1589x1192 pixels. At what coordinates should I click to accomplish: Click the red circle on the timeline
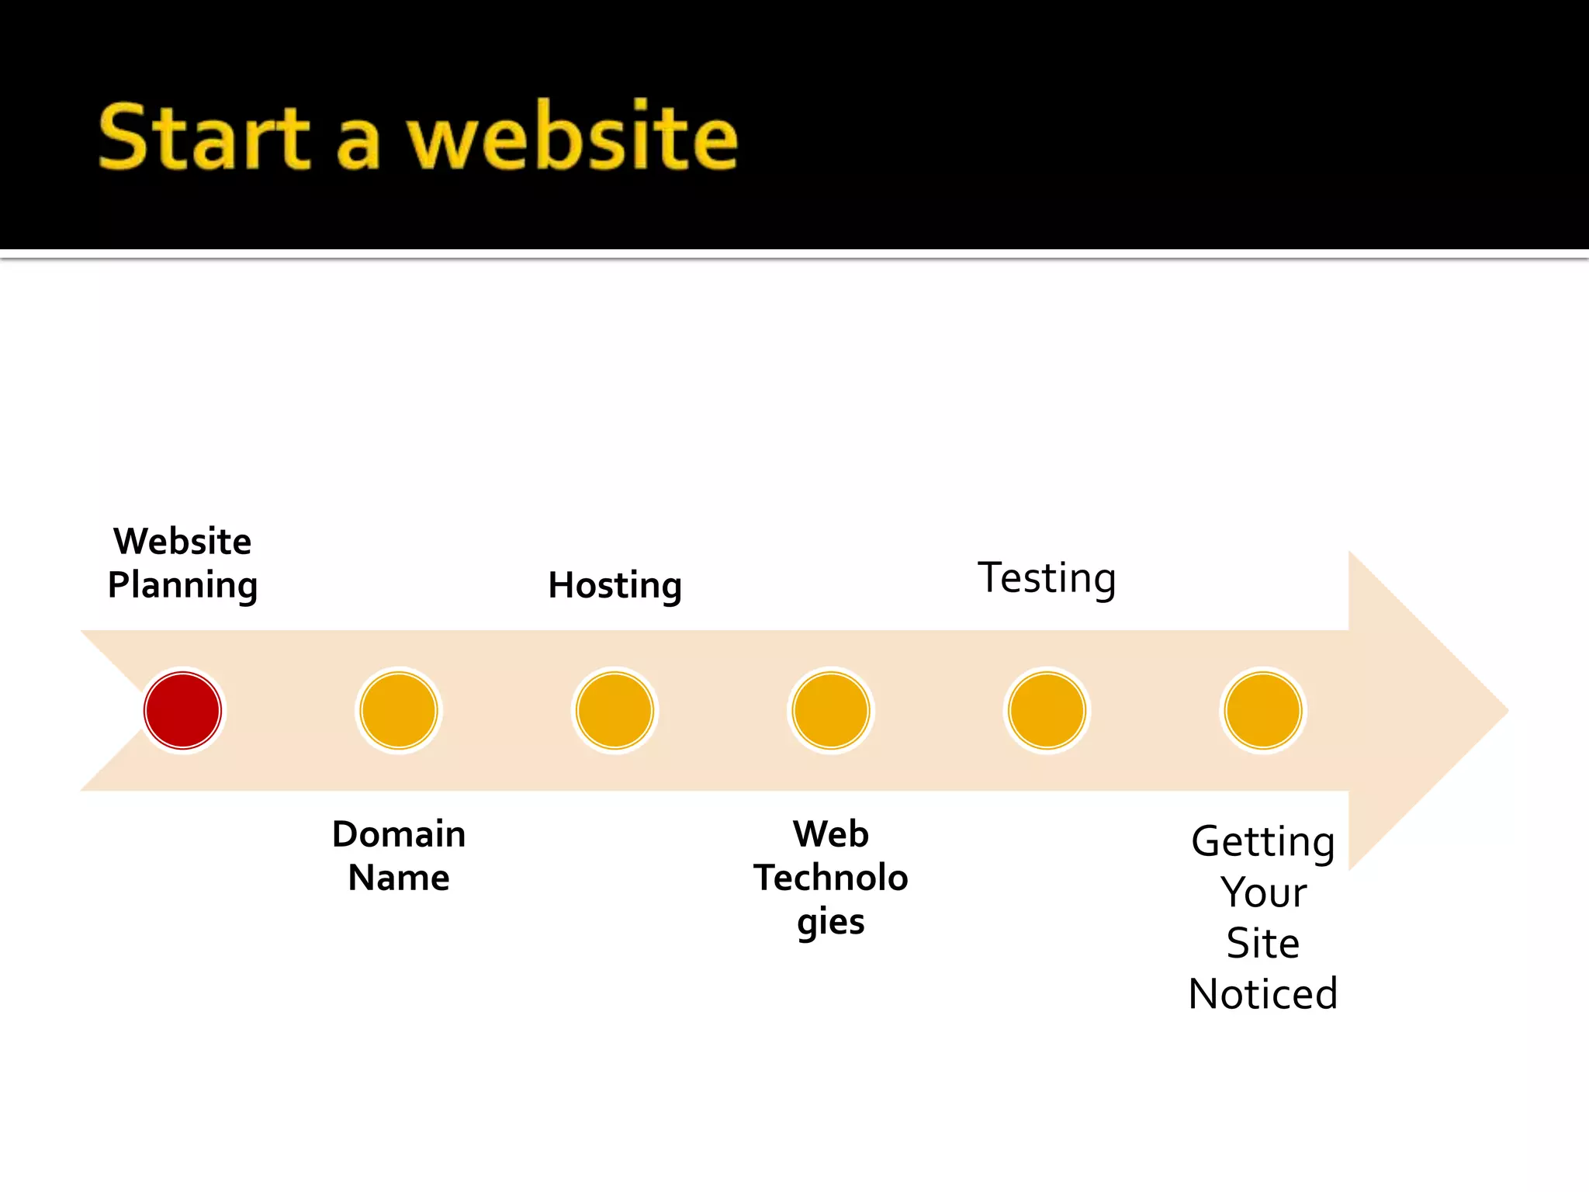coord(182,710)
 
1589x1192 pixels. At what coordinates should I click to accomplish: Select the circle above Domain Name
coord(399,710)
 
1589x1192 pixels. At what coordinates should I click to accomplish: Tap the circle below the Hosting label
coord(614,710)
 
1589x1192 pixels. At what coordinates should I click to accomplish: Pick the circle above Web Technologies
coord(831,710)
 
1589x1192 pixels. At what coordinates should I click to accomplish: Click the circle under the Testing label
coord(1047,710)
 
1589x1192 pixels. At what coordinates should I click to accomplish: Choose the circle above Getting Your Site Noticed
coord(1263,710)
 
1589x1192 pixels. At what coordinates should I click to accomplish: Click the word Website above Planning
coord(182,541)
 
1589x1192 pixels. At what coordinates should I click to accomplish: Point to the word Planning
coord(182,585)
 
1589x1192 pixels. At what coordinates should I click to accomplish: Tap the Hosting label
coord(614,585)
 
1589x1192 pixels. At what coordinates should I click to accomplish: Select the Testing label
coord(1047,578)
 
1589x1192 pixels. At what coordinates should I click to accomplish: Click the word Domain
coord(399,834)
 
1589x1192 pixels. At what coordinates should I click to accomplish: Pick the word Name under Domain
coord(399,878)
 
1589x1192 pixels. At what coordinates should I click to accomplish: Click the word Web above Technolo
coord(831,834)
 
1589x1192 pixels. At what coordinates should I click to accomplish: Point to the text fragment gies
coord(831,922)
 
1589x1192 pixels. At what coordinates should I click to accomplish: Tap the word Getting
coord(1263,842)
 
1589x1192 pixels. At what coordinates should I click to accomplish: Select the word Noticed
coord(1263,994)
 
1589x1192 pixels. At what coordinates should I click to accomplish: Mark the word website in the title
coord(573,138)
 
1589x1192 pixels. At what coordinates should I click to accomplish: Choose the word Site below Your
coord(1263,944)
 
